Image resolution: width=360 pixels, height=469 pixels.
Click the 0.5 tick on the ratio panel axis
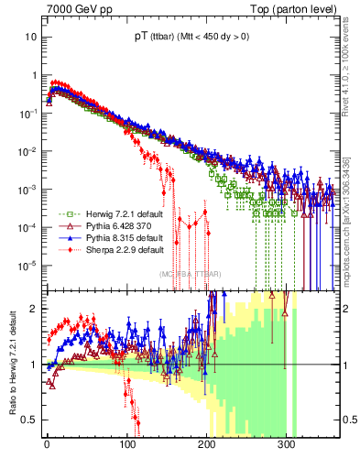[x=28, y=420]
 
